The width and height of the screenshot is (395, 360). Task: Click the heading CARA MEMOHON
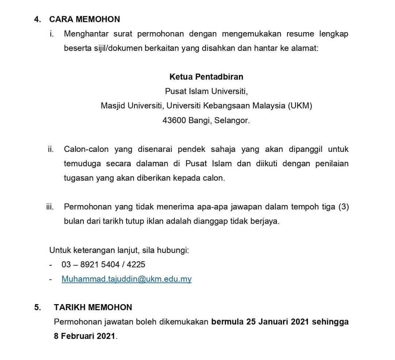tap(84, 19)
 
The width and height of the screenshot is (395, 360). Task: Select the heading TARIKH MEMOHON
tap(93, 307)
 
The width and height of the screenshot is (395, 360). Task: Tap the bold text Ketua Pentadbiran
tap(206, 77)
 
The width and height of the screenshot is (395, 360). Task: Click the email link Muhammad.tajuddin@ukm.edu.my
tap(127, 279)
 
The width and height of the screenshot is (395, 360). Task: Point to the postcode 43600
tap(174, 120)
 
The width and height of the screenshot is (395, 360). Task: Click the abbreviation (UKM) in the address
tap(300, 106)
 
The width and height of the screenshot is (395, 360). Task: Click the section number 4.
tap(37, 19)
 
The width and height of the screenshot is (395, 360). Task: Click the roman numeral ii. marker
tap(51, 149)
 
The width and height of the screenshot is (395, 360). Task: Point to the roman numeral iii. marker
tap(50, 207)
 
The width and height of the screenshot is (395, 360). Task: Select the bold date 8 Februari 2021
tap(84, 336)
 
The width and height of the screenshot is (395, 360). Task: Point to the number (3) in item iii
tap(343, 207)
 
